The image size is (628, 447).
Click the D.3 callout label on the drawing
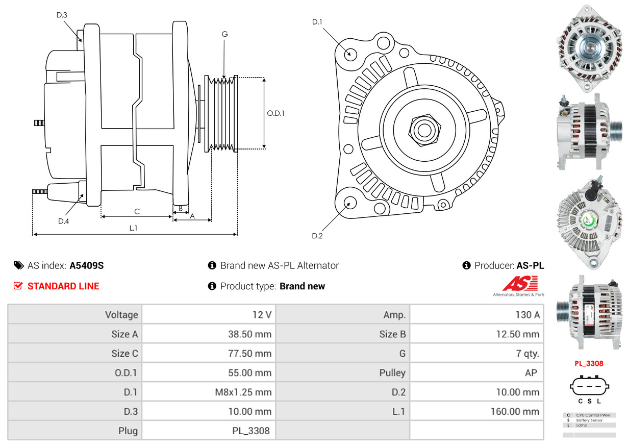pos(62,15)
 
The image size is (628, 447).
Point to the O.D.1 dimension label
pos(275,113)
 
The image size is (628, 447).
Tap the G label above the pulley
pos(224,34)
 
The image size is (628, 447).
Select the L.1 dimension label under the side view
pos(133,228)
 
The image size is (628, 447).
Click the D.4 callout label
pos(63,221)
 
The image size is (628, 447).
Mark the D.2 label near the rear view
pos(317,236)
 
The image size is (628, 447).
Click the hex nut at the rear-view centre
pos(423,130)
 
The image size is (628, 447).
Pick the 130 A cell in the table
pos(527,315)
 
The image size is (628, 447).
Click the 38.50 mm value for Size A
pos(249,334)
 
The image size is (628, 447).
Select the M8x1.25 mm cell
pos(243,392)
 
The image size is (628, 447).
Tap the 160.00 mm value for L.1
pos(515,411)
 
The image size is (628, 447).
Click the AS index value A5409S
pos(87,265)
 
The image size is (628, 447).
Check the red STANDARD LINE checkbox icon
pos(18,286)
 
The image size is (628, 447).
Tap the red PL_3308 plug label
pos(589,364)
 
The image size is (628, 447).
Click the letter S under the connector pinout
pos(589,402)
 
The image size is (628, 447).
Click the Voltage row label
pos(121,315)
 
